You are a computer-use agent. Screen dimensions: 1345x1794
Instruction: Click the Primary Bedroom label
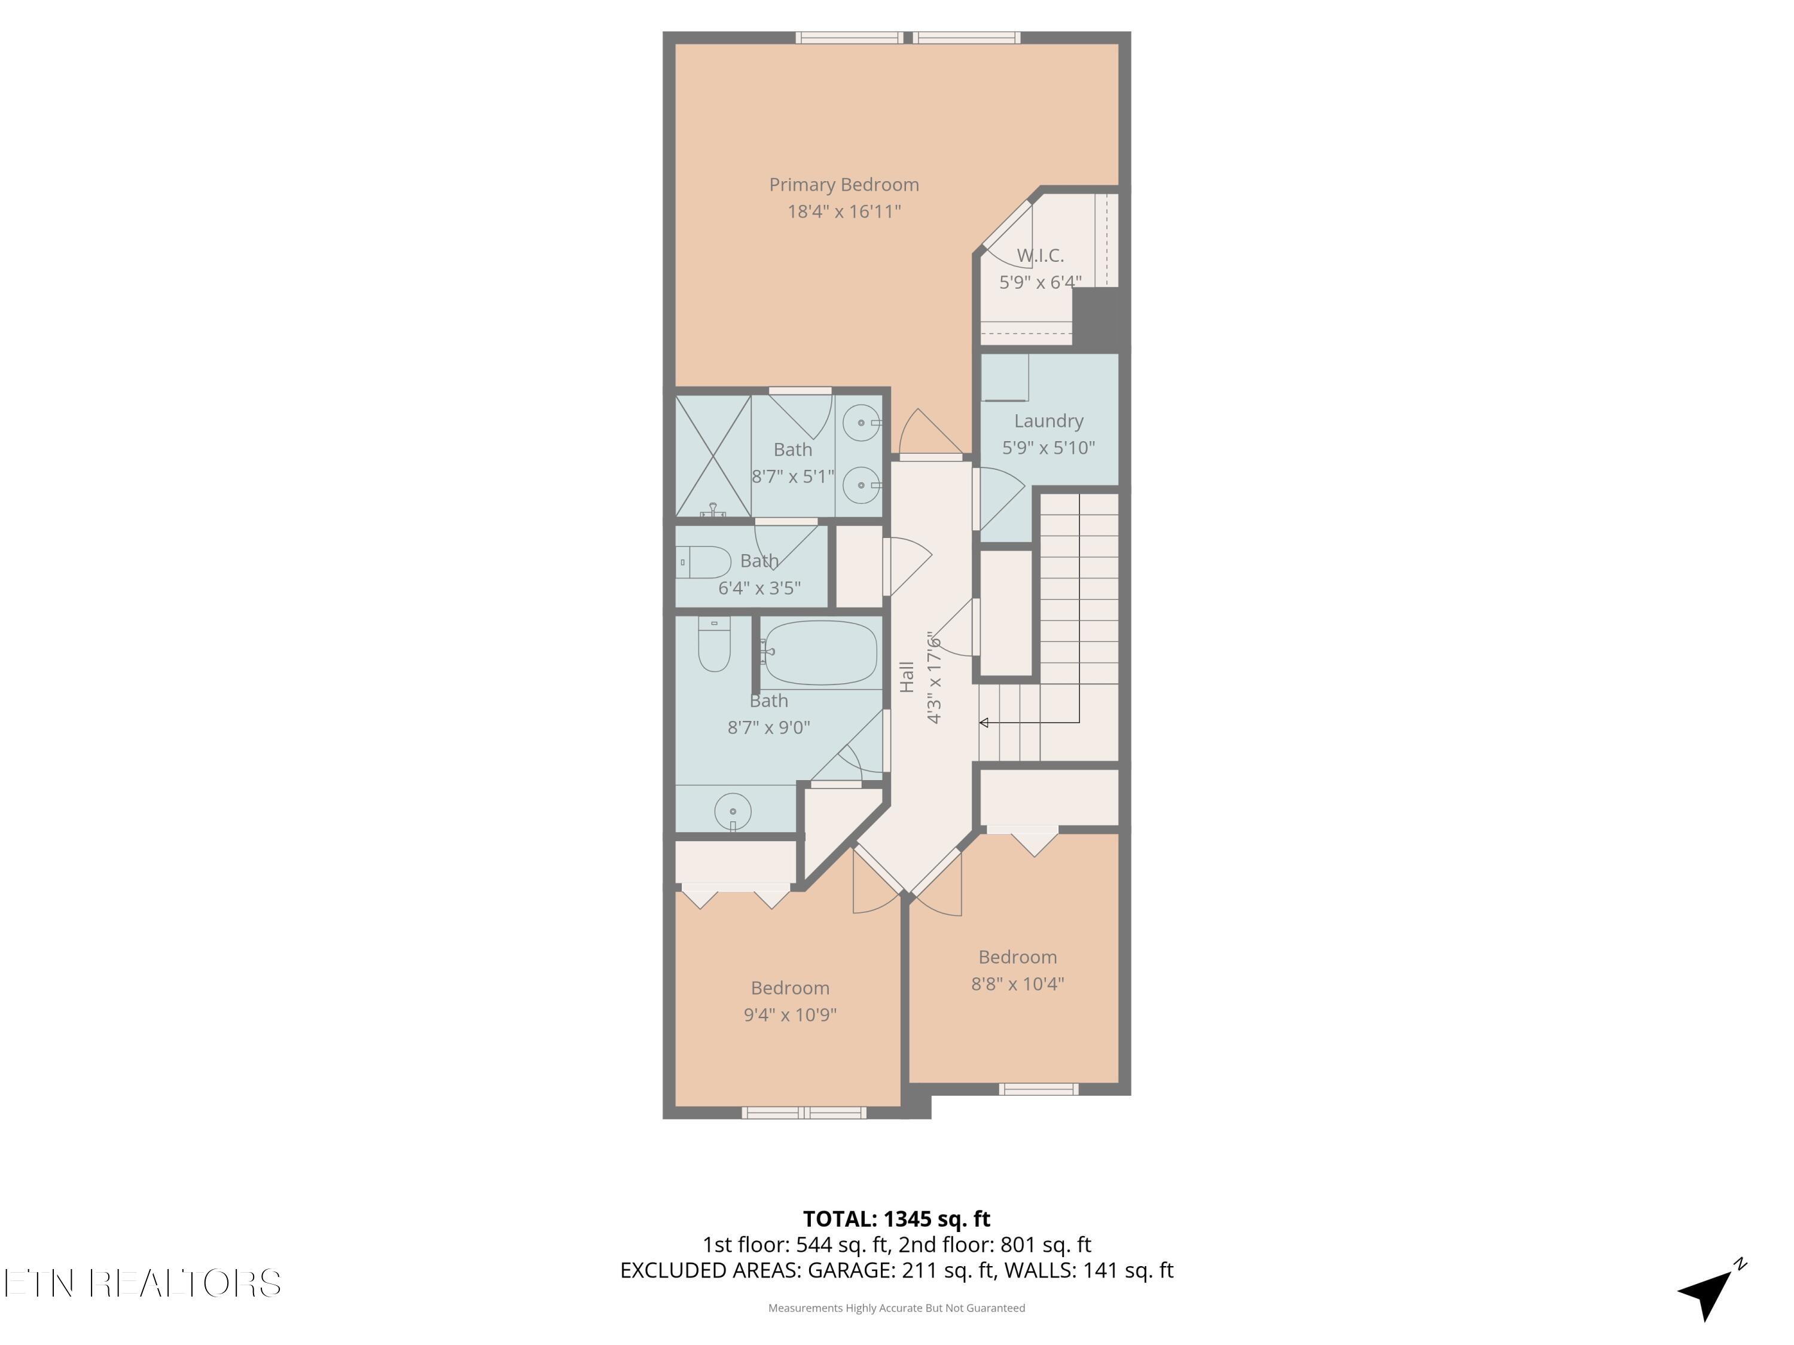[x=843, y=185]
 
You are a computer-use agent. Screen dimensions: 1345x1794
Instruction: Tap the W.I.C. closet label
[x=1040, y=255]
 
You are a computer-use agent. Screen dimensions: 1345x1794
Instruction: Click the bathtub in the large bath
[x=821, y=653]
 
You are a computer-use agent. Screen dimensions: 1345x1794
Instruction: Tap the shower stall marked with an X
[x=713, y=456]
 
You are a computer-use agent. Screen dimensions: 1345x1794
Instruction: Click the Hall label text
[x=907, y=677]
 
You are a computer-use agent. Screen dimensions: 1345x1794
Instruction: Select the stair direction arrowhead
[x=984, y=722]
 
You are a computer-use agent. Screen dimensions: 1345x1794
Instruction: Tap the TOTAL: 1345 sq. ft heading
[x=896, y=1218]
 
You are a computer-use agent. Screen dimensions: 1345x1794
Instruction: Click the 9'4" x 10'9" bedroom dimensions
[x=790, y=1014]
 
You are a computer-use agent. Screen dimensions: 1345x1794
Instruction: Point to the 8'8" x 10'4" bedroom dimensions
[x=1017, y=983]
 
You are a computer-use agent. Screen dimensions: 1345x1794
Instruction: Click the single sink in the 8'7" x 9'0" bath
[x=733, y=811]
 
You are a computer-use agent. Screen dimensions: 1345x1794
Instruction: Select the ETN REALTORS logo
[x=142, y=1283]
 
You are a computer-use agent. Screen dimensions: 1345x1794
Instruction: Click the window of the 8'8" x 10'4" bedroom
[x=1038, y=1089]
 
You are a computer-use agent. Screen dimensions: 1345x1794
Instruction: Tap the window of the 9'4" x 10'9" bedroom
[x=804, y=1113]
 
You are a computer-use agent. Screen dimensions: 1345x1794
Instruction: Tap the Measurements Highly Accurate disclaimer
[x=896, y=1308]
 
